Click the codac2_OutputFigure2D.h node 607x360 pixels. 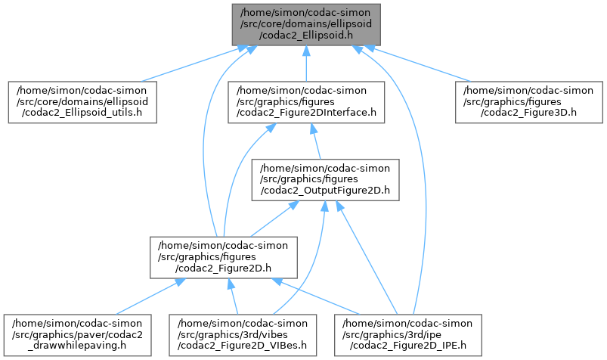point(326,179)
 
